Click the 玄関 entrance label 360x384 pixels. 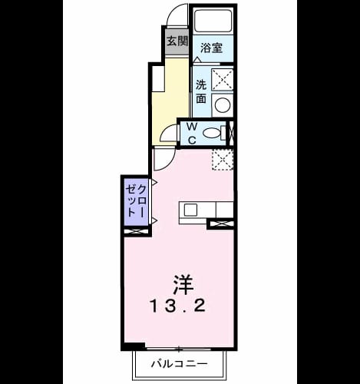(x=177, y=41)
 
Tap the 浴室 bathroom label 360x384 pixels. (x=211, y=48)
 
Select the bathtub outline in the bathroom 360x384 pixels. (x=213, y=21)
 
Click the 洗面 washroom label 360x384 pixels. (x=201, y=91)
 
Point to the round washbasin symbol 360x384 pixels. (x=223, y=105)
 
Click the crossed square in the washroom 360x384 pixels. (x=222, y=79)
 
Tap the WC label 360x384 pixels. (x=193, y=133)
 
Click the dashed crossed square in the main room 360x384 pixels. (x=223, y=160)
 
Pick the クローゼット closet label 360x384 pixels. (x=137, y=201)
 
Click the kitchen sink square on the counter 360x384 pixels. (x=190, y=210)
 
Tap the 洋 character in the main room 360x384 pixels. (x=183, y=285)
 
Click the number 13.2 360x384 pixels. (x=178, y=306)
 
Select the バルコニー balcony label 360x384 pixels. (x=179, y=363)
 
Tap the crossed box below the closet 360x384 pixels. (x=136, y=232)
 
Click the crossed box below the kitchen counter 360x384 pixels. (x=220, y=224)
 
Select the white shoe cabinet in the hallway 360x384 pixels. (x=158, y=78)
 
